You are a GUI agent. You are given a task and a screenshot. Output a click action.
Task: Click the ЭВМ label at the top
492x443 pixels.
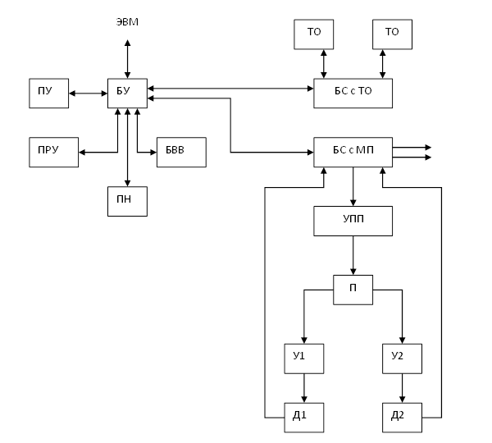(x=127, y=21)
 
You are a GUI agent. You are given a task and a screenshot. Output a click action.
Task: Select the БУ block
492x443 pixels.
(x=127, y=94)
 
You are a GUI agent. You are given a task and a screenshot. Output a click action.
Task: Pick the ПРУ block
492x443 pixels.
(x=53, y=153)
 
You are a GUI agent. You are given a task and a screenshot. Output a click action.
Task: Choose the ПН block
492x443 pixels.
(x=127, y=201)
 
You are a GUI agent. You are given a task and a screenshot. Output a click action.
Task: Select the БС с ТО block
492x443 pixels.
(x=353, y=94)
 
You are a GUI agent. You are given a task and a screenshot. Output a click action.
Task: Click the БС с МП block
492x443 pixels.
(x=353, y=153)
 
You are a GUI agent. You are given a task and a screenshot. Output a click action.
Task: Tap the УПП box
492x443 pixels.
(x=353, y=221)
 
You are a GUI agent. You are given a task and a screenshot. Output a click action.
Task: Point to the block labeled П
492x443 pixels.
(x=353, y=290)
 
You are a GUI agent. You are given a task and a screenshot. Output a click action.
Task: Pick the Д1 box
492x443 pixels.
(x=304, y=418)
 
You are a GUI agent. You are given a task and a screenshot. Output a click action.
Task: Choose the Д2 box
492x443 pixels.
(x=403, y=418)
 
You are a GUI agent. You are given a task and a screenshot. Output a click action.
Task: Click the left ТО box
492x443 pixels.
(x=314, y=34)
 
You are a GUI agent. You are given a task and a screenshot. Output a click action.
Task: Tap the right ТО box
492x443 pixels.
(x=392, y=34)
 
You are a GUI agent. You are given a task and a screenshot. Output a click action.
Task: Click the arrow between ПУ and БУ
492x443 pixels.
(x=88, y=94)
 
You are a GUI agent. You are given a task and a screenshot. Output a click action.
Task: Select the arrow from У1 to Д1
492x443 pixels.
(x=305, y=388)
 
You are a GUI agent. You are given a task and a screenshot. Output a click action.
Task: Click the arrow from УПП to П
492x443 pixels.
(x=353, y=255)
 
